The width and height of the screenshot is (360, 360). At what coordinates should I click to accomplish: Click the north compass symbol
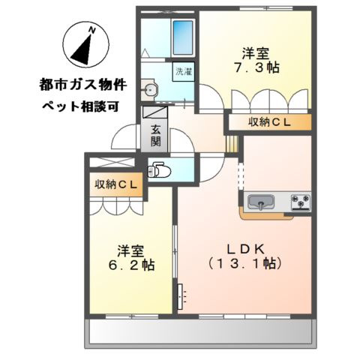tap(82, 46)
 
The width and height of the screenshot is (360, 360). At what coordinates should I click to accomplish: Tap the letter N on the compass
tap(92, 28)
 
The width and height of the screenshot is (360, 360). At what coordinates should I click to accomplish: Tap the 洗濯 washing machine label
tap(183, 73)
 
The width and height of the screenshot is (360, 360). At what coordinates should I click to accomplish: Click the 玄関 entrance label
tap(155, 134)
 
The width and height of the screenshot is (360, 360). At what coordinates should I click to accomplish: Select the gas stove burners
tap(300, 201)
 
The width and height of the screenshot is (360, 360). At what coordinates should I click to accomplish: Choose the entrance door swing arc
tap(124, 139)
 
